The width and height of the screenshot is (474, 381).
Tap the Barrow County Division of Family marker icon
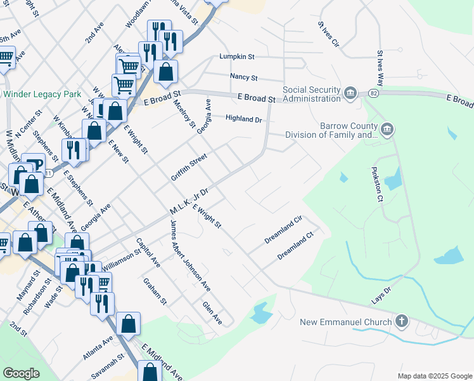(387, 130)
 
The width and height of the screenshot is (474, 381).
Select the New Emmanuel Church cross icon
(401, 321)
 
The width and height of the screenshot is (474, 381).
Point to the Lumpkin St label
(236, 57)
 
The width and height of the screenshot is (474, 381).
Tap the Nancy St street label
(244, 77)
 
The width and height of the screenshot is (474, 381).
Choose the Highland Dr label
(244, 119)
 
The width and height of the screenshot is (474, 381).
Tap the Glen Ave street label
(212, 313)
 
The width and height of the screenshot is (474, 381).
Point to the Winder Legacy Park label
(42, 94)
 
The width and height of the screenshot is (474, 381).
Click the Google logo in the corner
(21, 373)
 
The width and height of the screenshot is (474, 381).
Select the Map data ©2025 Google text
(434, 375)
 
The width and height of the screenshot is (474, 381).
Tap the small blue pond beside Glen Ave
(260, 312)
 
